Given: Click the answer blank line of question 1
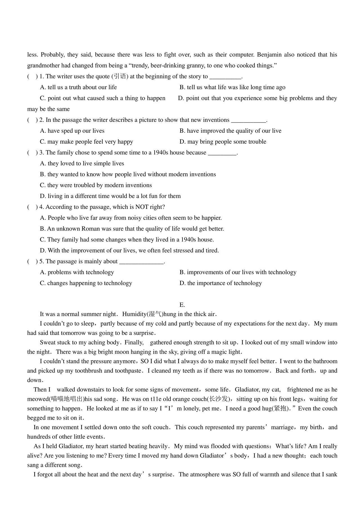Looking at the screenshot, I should coord(226,77).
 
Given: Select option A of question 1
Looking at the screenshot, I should coord(78,87).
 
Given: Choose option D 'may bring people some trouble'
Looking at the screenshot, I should coord(223,142).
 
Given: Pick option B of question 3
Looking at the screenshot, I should coord(128,174).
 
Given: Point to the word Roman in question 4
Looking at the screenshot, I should coord(91,229).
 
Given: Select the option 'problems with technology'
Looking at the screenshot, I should coord(77,272).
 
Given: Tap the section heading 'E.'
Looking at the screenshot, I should coord(182,305).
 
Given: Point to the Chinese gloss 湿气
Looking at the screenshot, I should coord(155,314).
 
